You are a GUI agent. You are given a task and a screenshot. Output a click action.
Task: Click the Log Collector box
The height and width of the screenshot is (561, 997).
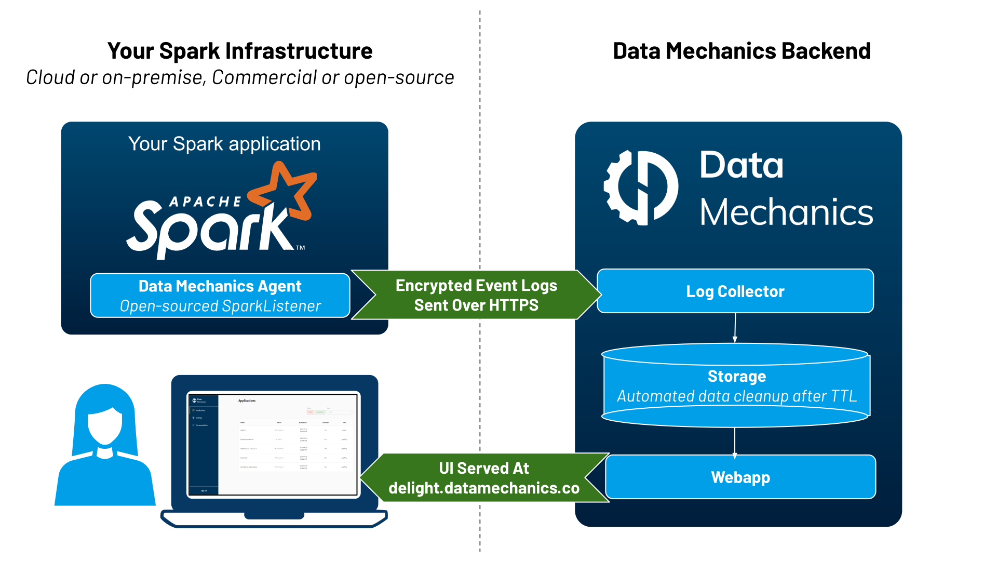pyautogui.click(x=735, y=291)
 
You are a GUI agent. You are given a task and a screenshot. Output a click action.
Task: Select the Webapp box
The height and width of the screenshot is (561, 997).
pyautogui.click(x=740, y=477)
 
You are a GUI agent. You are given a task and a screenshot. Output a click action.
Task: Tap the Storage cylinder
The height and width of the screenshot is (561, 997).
pyautogui.click(x=735, y=385)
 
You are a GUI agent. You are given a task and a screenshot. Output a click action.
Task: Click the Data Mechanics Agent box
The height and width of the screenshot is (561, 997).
pyautogui.click(x=220, y=295)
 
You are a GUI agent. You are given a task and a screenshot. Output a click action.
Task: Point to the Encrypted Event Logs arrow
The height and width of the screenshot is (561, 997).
pyautogui.click(x=476, y=295)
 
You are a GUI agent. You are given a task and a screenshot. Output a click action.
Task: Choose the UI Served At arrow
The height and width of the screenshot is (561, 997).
pyautogui.click(x=483, y=478)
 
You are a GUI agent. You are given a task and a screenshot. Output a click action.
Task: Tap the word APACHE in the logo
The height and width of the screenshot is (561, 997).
pyautogui.click(x=206, y=202)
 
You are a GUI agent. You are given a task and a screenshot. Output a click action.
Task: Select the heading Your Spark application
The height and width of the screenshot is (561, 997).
pyautogui.click(x=224, y=144)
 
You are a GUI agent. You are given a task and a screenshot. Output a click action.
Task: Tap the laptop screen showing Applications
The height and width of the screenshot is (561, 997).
pyautogui.click(x=273, y=445)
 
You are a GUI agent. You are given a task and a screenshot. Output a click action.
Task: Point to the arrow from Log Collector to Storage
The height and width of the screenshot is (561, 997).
pyautogui.click(x=735, y=328)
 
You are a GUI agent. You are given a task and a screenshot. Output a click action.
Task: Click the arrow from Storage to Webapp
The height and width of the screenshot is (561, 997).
pyautogui.click(x=735, y=442)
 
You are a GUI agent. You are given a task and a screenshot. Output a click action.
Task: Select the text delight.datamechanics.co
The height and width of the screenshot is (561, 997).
pyautogui.click(x=483, y=488)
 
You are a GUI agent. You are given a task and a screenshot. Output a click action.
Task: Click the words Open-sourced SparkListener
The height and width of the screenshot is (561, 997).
pyautogui.click(x=220, y=306)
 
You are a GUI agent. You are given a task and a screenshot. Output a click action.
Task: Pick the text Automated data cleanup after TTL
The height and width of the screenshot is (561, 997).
pyautogui.click(x=736, y=396)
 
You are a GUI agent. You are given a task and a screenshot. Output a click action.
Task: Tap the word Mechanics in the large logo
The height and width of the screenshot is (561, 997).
pyautogui.click(x=786, y=212)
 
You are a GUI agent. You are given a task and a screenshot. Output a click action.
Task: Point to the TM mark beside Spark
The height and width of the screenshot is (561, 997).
pyautogui.click(x=301, y=248)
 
